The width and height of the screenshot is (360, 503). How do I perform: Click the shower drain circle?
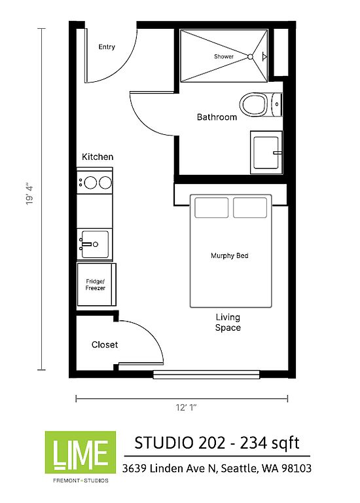[x=250, y=57]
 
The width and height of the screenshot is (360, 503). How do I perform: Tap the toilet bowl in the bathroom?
[x=253, y=105]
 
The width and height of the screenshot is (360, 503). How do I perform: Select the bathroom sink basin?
[x=266, y=153]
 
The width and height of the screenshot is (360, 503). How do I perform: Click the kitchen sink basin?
[x=94, y=244]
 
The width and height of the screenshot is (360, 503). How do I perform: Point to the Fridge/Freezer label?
[x=95, y=284]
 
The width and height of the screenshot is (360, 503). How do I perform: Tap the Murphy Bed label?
[x=230, y=255]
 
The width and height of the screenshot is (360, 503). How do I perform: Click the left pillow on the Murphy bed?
[x=211, y=208]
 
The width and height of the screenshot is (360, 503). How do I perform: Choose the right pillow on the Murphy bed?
[x=250, y=208]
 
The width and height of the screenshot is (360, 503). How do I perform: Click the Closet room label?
[x=105, y=345]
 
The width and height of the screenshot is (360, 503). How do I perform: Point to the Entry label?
[x=107, y=47]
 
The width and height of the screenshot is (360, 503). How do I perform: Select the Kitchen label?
[x=98, y=157]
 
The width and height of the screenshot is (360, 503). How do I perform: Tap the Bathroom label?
[x=217, y=117]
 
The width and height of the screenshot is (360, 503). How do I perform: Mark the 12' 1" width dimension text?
[x=186, y=407]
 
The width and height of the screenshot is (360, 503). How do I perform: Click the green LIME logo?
[x=81, y=453]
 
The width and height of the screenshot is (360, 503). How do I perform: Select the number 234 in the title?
[x=253, y=443]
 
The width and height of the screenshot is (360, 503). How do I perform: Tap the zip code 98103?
[x=297, y=468]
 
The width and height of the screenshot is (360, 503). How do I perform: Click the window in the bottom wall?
[x=206, y=375]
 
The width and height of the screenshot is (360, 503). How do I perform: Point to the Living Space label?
[x=228, y=322]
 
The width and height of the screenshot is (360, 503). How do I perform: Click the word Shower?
[x=224, y=56]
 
